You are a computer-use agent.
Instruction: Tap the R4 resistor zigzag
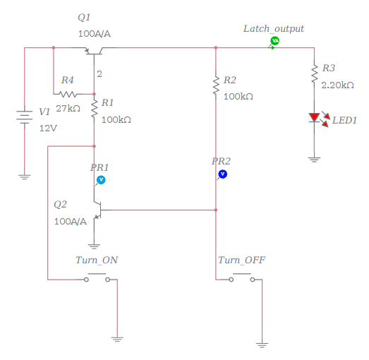(x=68, y=94)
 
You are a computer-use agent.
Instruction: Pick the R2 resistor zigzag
(x=215, y=85)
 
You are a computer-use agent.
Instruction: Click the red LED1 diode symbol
(x=314, y=119)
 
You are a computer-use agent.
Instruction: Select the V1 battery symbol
(x=25, y=116)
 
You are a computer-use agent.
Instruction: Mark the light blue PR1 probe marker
(x=100, y=180)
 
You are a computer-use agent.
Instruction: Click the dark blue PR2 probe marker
(x=222, y=173)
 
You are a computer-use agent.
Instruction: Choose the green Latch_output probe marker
(x=274, y=42)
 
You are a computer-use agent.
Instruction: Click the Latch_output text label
(x=274, y=28)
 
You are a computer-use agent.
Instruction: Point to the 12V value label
(x=47, y=128)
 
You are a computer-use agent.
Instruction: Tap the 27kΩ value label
(x=68, y=109)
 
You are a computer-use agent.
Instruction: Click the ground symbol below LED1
(x=314, y=160)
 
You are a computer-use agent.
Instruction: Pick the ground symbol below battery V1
(x=25, y=176)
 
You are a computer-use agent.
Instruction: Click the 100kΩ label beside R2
(x=238, y=95)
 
